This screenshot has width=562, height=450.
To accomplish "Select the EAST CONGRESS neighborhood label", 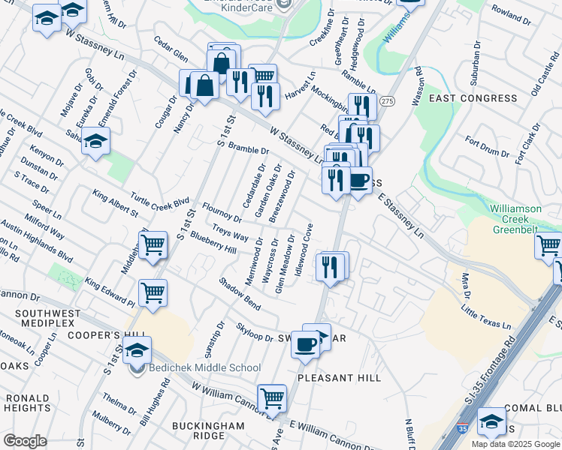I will pyautogui.click(x=473, y=98).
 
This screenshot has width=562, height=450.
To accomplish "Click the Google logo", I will pyautogui.click(x=25, y=441).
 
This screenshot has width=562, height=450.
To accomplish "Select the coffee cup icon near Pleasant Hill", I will pyautogui.click(x=305, y=344).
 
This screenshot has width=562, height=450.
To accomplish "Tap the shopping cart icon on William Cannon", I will pyautogui.click(x=271, y=397).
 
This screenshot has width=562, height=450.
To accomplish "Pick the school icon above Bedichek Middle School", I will pyautogui.click(x=137, y=349).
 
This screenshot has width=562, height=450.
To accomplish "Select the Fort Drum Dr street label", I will pyautogui.click(x=487, y=147).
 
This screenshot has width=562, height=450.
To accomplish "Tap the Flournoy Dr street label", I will pyautogui.click(x=220, y=211).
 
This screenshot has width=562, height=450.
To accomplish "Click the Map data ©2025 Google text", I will pyautogui.click(x=515, y=444).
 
